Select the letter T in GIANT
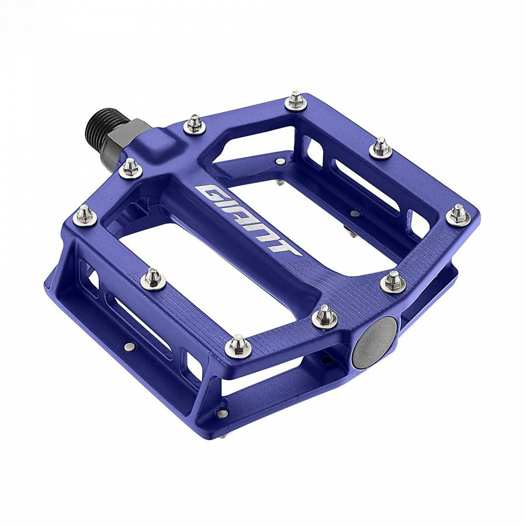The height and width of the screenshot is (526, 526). [287, 247]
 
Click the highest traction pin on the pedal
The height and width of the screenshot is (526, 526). [296, 100]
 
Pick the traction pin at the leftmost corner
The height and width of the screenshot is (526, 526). [85, 216]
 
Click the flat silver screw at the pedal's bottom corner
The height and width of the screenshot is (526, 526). [222, 413]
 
